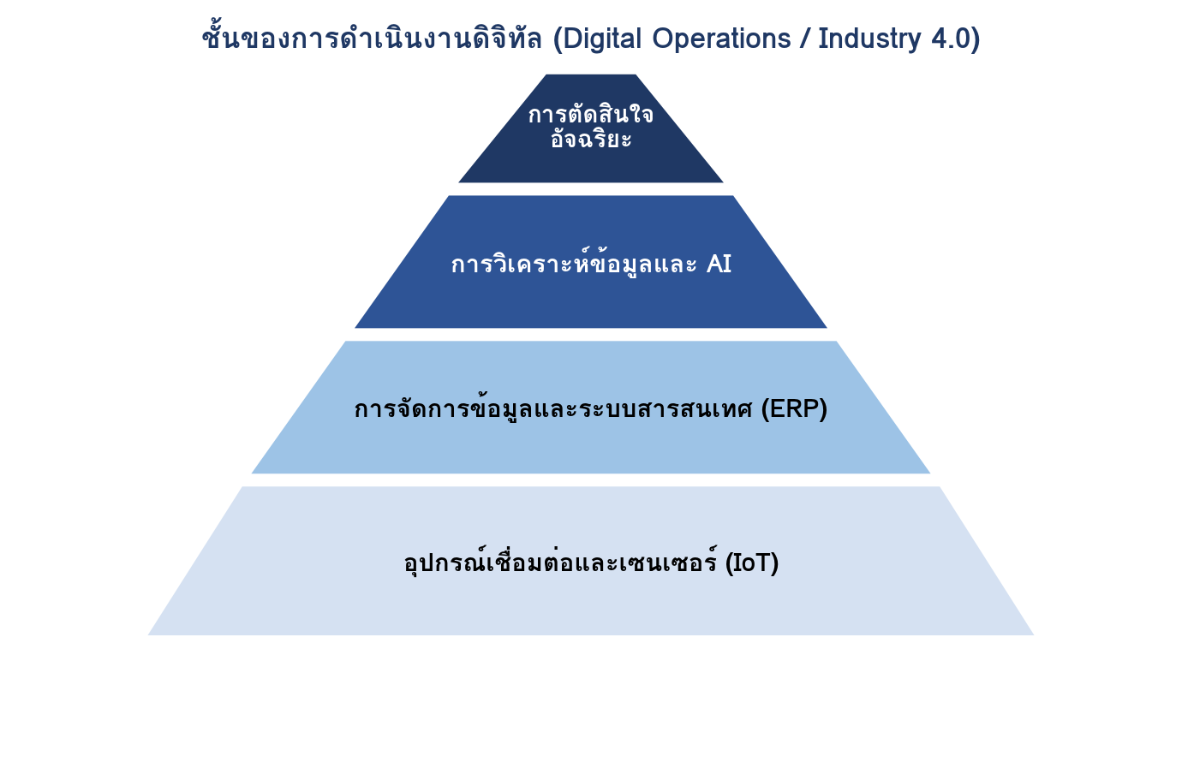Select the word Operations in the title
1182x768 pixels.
tap(721, 39)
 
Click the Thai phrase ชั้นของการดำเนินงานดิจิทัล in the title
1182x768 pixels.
tap(372, 37)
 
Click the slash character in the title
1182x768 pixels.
tap(805, 39)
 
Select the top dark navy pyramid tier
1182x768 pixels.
tap(590, 128)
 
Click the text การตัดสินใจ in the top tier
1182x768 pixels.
tap(590, 114)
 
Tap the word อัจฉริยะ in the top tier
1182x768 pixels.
tap(591, 138)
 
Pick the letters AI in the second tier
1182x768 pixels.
tap(719, 264)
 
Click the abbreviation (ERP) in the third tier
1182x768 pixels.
tap(794, 408)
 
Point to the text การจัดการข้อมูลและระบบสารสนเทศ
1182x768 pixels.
tap(553, 408)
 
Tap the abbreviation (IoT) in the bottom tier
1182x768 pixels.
tap(752, 563)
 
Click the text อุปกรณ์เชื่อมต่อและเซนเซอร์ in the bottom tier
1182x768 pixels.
tap(560, 562)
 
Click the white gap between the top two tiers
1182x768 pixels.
tap(590, 189)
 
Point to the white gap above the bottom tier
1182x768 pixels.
tap(590, 480)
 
